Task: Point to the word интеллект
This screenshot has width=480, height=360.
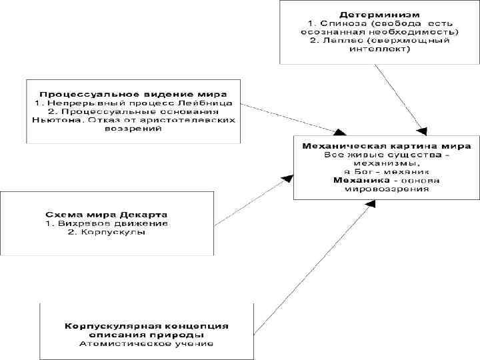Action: [x=379, y=49]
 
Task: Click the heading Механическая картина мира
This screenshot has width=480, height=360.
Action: [x=387, y=145]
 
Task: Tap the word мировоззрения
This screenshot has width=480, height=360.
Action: [x=387, y=189]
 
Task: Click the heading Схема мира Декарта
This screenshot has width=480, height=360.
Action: [x=106, y=215]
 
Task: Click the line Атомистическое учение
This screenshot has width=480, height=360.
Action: [x=146, y=344]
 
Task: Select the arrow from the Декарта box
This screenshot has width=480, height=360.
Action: [x=253, y=198]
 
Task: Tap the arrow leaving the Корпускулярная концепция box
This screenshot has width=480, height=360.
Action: [x=313, y=267]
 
